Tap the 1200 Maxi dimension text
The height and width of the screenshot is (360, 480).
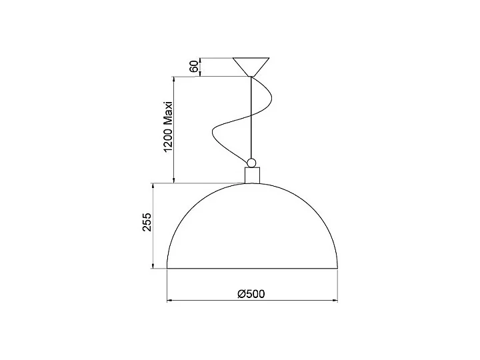pyautogui.click(x=168, y=128)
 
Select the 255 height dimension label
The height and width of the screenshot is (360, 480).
pyautogui.click(x=148, y=223)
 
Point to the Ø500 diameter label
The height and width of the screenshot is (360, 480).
pyautogui.click(x=252, y=292)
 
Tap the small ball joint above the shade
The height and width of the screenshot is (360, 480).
pyautogui.click(x=251, y=162)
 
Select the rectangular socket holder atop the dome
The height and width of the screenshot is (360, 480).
pyautogui.click(x=251, y=175)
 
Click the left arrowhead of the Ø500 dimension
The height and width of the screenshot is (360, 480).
pyautogui.click(x=169, y=300)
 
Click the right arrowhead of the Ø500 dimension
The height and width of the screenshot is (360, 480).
pyautogui.click(x=335, y=300)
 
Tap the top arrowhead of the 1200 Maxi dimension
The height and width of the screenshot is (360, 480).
pyautogui.click(x=174, y=79)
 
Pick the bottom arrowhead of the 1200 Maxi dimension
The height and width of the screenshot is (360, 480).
pyautogui.click(x=174, y=181)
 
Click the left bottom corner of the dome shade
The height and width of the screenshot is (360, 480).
pyautogui.click(x=167, y=268)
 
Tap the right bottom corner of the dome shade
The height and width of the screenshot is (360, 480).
pyautogui.click(x=337, y=268)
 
